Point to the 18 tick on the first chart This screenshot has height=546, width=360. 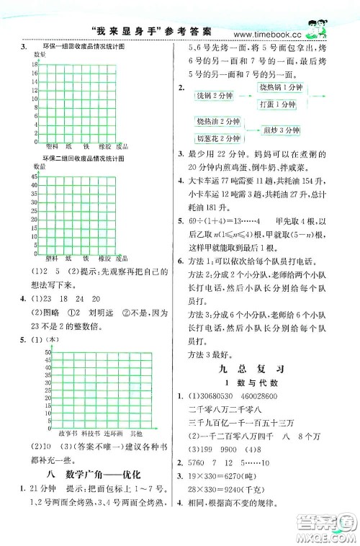(x=35, y=65)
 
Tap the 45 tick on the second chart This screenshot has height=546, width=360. (x=34, y=176)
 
